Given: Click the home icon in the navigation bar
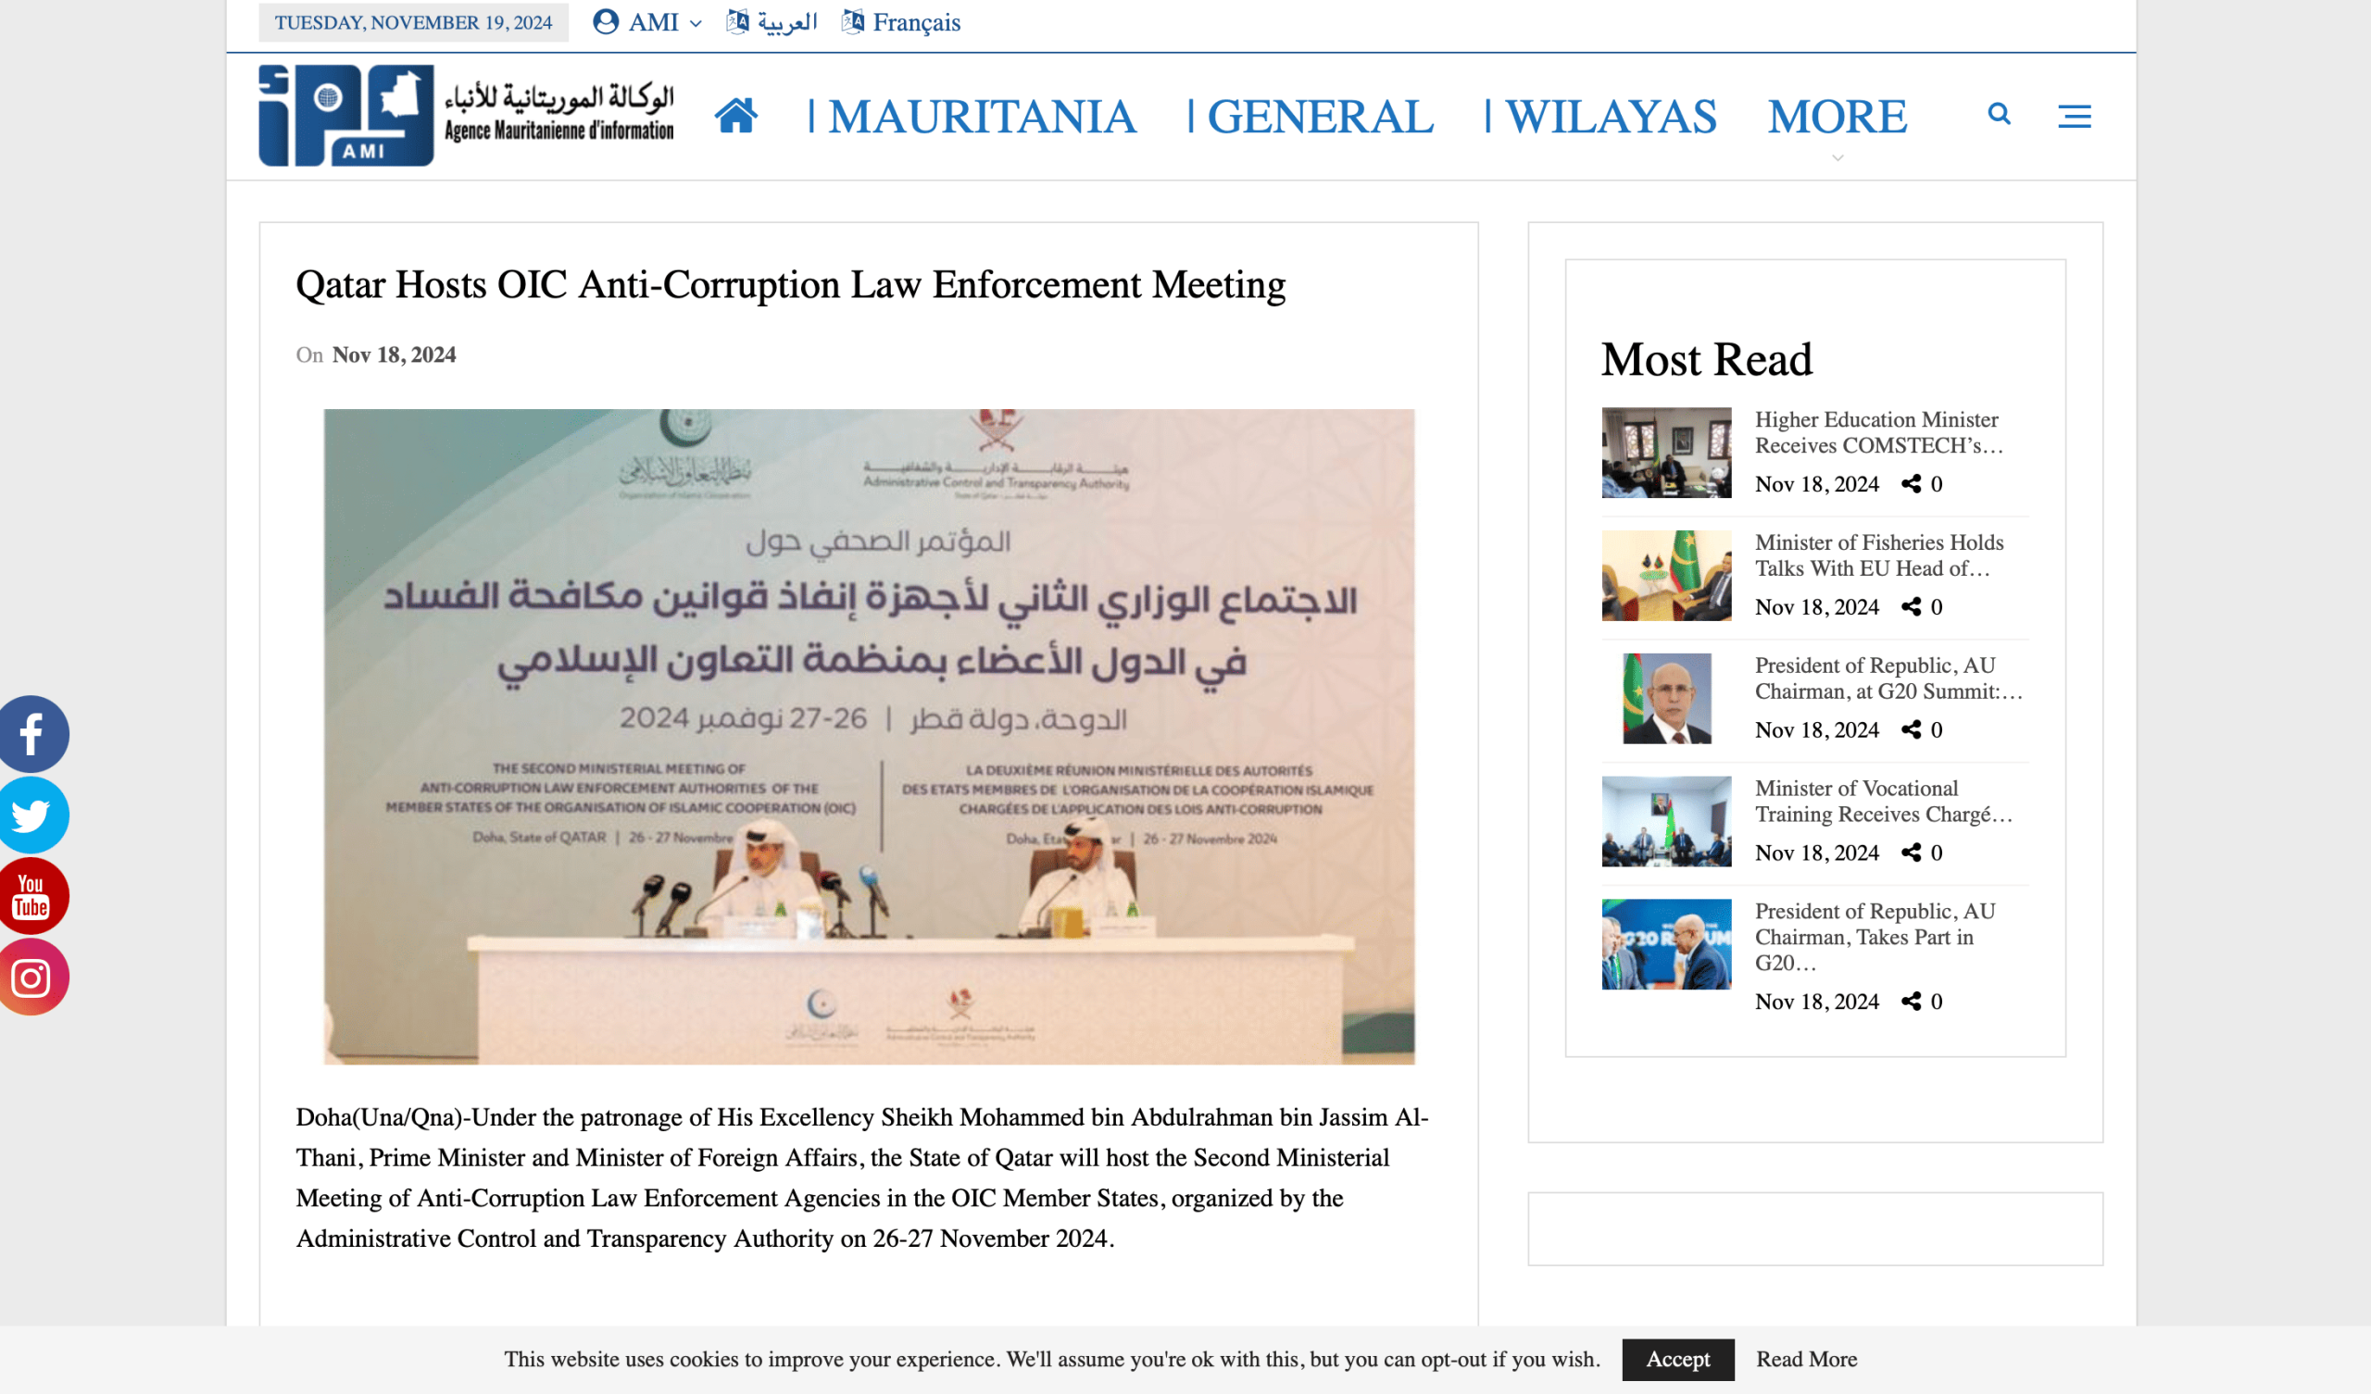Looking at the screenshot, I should [735, 116].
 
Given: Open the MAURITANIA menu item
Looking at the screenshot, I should [982, 117].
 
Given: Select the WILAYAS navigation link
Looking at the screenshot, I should [1610, 117].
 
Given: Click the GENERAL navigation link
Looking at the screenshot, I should [1319, 117].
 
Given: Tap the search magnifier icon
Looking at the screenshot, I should [1999, 115].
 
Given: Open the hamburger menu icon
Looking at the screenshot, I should [2074, 117].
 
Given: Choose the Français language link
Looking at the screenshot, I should [914, 21].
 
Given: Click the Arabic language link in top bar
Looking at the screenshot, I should [785, 21].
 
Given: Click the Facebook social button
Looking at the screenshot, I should [31, 734].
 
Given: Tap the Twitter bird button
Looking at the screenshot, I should [31, 815].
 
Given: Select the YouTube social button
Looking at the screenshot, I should [31, 895].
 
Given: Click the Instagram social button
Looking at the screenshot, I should [31, 977].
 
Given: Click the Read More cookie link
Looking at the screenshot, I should [1805, 1358].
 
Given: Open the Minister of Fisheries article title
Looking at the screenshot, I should [1878, 555].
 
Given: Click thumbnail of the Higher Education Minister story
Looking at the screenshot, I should [1665, 453].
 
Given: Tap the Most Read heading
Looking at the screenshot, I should [1706, 359].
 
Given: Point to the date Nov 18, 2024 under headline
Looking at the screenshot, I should [394, 355].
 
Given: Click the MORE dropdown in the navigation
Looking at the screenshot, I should [1836, 117].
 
